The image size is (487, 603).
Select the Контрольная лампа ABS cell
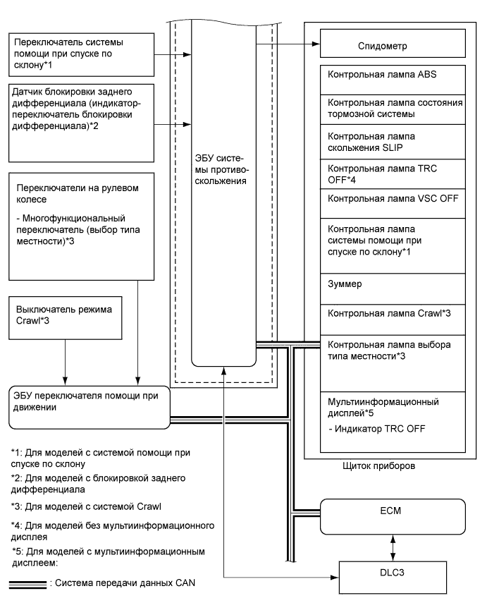395,75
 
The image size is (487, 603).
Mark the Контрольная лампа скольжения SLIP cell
395,141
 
